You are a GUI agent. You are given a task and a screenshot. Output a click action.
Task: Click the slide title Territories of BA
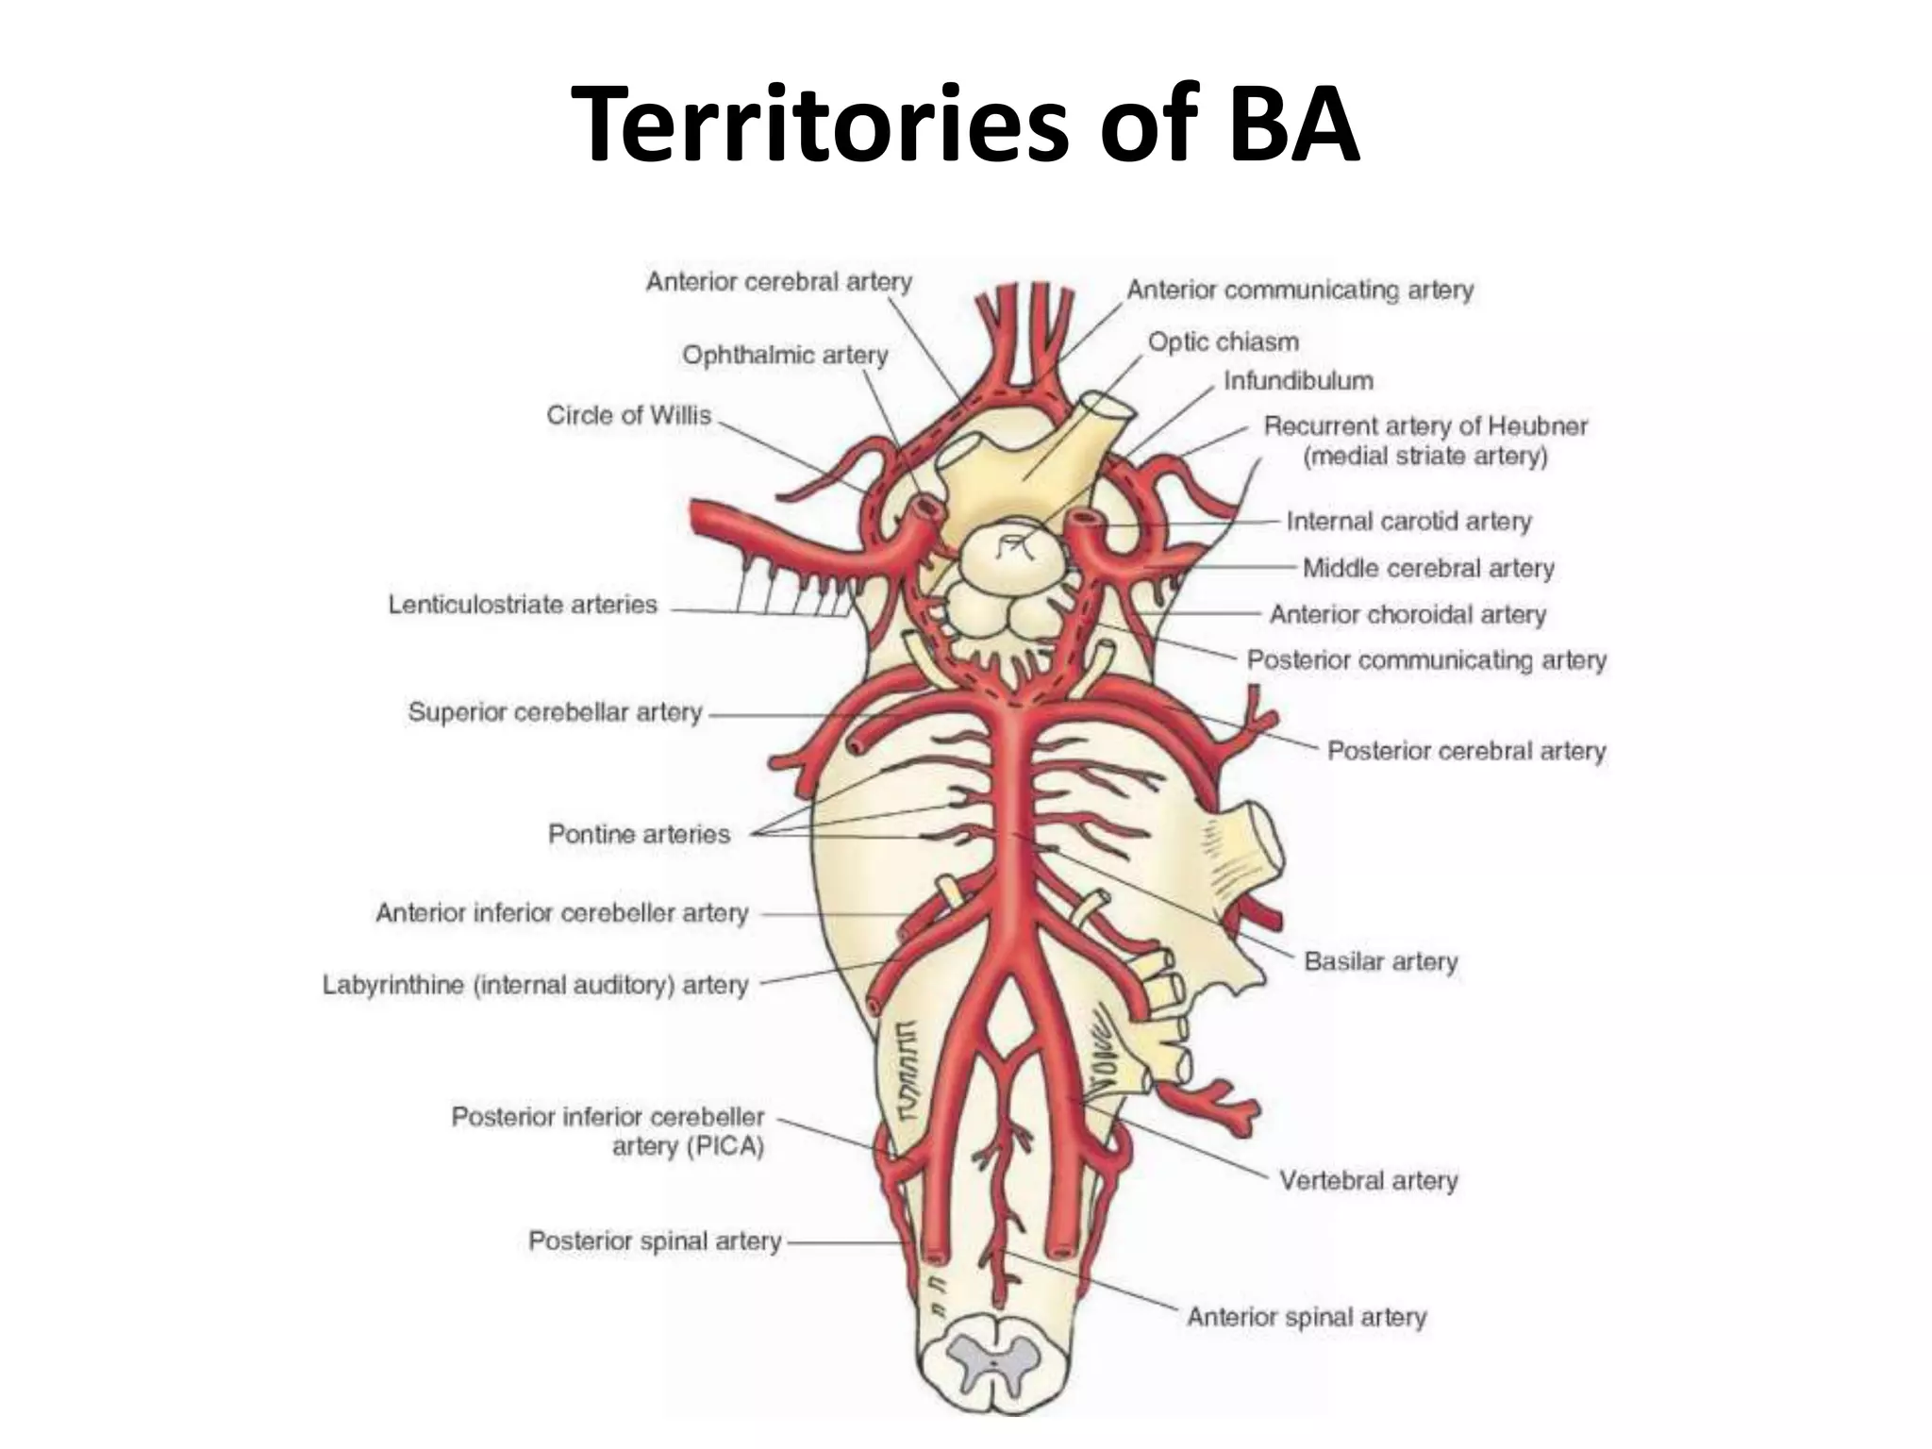[965, 125]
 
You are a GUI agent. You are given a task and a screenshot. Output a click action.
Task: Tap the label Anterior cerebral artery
[778, 282]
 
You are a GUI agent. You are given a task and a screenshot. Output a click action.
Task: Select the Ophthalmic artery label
[785, 356]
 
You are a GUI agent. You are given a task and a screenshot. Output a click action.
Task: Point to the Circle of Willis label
[628, 416]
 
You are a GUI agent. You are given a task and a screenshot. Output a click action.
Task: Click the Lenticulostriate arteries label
[523, 605]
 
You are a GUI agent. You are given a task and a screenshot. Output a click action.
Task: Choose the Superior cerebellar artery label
[555, 712]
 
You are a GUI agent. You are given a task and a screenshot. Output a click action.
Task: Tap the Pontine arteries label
[639, 835]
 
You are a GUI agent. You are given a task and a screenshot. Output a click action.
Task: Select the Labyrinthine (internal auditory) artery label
[535, 986]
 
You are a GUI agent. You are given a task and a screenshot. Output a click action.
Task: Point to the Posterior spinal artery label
[655, 1241]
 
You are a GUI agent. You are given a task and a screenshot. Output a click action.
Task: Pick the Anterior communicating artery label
[1299, 291]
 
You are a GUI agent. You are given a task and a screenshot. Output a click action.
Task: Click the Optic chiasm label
[1223, 342]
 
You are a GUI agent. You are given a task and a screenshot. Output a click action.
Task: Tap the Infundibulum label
[1298, 381]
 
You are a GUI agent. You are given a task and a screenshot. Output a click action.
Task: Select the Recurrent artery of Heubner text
[1424, 426]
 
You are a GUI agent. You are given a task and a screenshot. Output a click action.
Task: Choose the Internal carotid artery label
[1408, 522]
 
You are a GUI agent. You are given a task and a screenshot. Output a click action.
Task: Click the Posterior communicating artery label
[1426, 660]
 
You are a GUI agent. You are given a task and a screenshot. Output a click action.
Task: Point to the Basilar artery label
[1380, 962]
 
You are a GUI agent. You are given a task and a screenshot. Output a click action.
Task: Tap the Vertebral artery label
[1368, 1181]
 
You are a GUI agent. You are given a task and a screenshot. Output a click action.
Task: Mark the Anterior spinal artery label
[1306, 1317]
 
